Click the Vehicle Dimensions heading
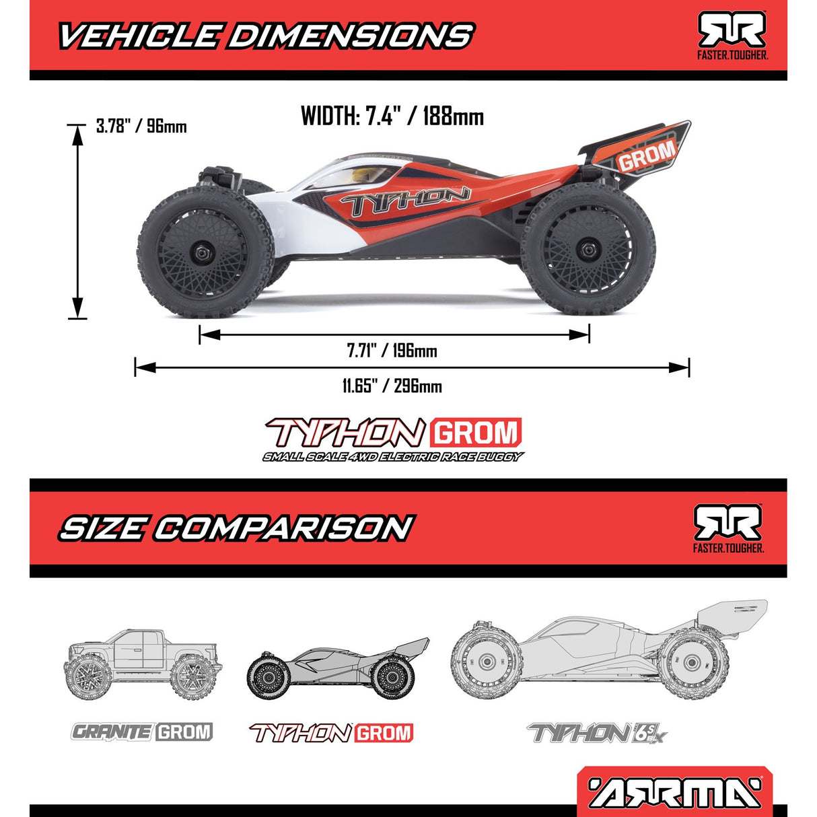[x=266, y=36]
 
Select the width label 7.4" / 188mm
[x=392, y=116]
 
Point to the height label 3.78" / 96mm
[x=141, y=126]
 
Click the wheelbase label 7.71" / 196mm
[x=392, y=351]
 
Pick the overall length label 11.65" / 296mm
[x=392, y=386]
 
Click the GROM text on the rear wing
[x=646, y=156]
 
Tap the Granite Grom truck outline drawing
[x=143, y=663]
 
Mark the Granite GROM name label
[x=142, y=732]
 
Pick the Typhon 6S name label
[x=598, y=733]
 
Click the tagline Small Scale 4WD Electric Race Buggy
[x=392, y=458]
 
